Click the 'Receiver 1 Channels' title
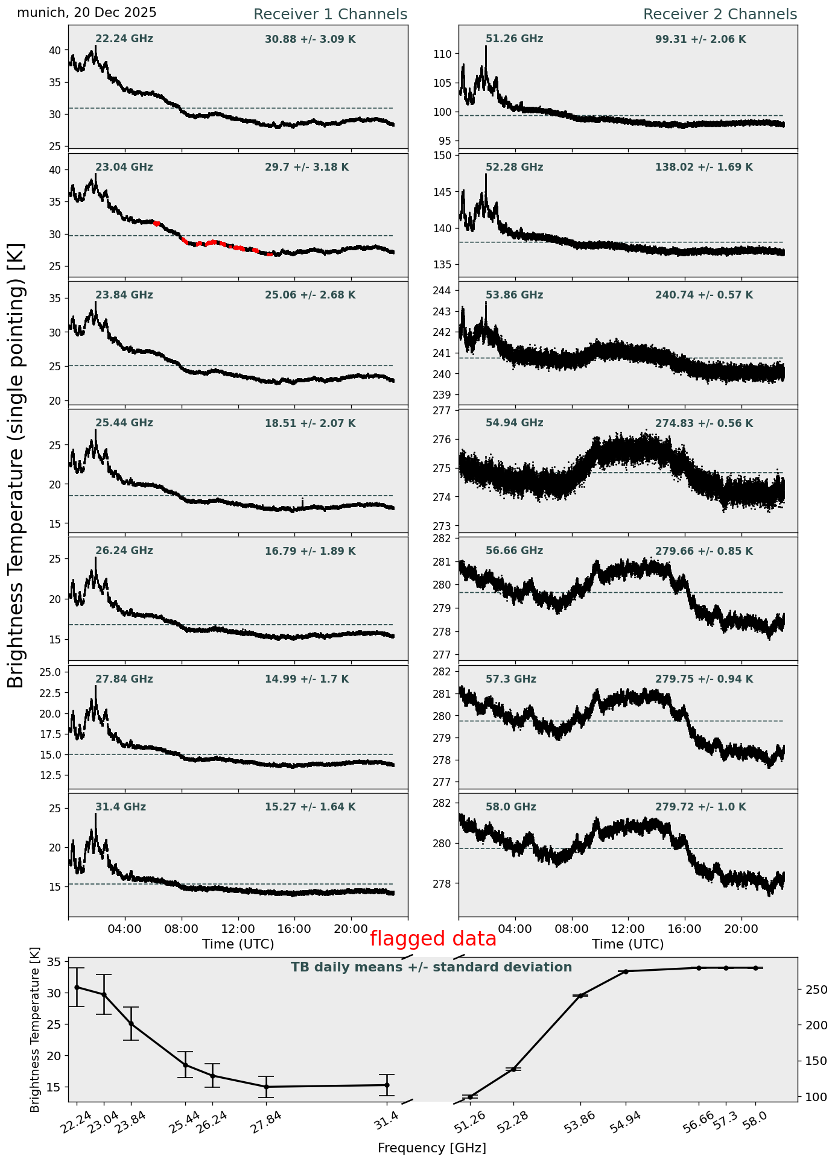[330, 14]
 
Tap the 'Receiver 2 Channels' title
[720, 14]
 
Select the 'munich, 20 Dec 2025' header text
[87, 13]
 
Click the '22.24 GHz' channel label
[124, 39]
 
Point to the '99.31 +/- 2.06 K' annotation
[700, 40]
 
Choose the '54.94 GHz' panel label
[514, 423]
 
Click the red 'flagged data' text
[433, 939]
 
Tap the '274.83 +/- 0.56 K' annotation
[704, 424]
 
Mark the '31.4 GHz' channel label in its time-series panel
[121, 807]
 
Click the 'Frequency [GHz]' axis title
[432, 1148]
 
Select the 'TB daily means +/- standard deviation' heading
[431, 968]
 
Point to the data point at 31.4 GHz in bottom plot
[387, 1085]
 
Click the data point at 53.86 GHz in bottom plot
[580, 996]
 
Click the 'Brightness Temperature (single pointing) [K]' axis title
[16, 465]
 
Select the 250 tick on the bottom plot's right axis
[811, 990]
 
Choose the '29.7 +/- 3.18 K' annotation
[306, 168]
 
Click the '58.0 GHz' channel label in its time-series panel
[511, 807]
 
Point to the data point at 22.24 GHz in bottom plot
[77, 987]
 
